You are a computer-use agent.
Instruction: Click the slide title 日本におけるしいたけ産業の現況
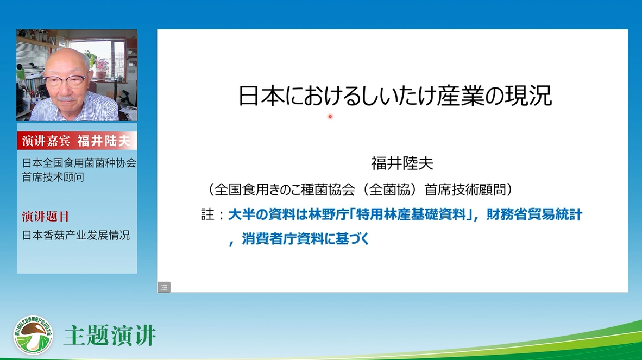tap(395, 96)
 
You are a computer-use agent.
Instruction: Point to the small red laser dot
tap(330, 117)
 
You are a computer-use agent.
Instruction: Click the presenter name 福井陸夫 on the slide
tap(402, 163)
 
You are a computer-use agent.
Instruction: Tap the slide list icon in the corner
tap(164, 287)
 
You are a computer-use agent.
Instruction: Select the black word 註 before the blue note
tap(207, 214)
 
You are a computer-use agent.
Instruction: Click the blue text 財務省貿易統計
tap(534, 214)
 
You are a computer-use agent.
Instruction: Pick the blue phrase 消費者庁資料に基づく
tap(305, 238)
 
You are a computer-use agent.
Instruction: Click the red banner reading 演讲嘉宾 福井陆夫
tap(77, 141)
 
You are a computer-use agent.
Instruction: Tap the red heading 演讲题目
tap(46, 217)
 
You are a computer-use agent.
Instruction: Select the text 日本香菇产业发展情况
tap(75, 235)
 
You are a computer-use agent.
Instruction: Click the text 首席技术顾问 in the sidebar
tap(53, 177)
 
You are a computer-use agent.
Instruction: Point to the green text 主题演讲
tap(110, 336)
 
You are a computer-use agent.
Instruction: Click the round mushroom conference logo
tap(33, 335)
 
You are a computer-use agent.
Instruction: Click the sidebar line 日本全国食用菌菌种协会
tap(79, 163)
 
